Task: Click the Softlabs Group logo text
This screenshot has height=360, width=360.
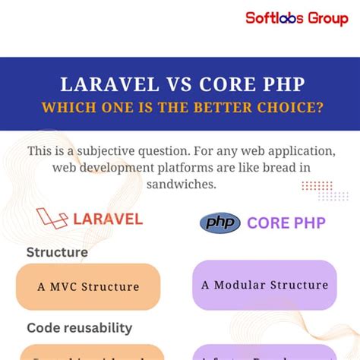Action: [296, 17]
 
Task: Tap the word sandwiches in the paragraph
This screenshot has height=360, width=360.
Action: [180, 185]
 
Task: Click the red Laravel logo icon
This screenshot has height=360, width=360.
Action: [51, 219]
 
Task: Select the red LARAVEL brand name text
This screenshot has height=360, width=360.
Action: [108, 219]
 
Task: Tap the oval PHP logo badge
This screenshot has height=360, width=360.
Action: [219, 223]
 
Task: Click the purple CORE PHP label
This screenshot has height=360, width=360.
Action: [285, 223]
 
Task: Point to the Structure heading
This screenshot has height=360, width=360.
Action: [57, 252]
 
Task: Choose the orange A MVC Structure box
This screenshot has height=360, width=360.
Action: [88, 286]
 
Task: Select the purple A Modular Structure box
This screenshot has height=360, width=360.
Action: [264, 285]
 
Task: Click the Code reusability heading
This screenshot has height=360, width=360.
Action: [81, 328]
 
